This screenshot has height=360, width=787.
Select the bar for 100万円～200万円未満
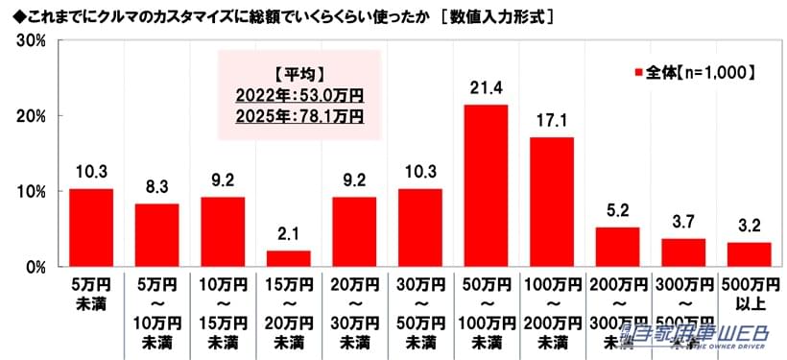[552, 202]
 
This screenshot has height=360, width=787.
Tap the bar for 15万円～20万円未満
[288, 258]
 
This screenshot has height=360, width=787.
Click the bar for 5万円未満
[90, 228]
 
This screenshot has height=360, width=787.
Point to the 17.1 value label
[552, 123]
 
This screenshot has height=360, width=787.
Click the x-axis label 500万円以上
[749, 296]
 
